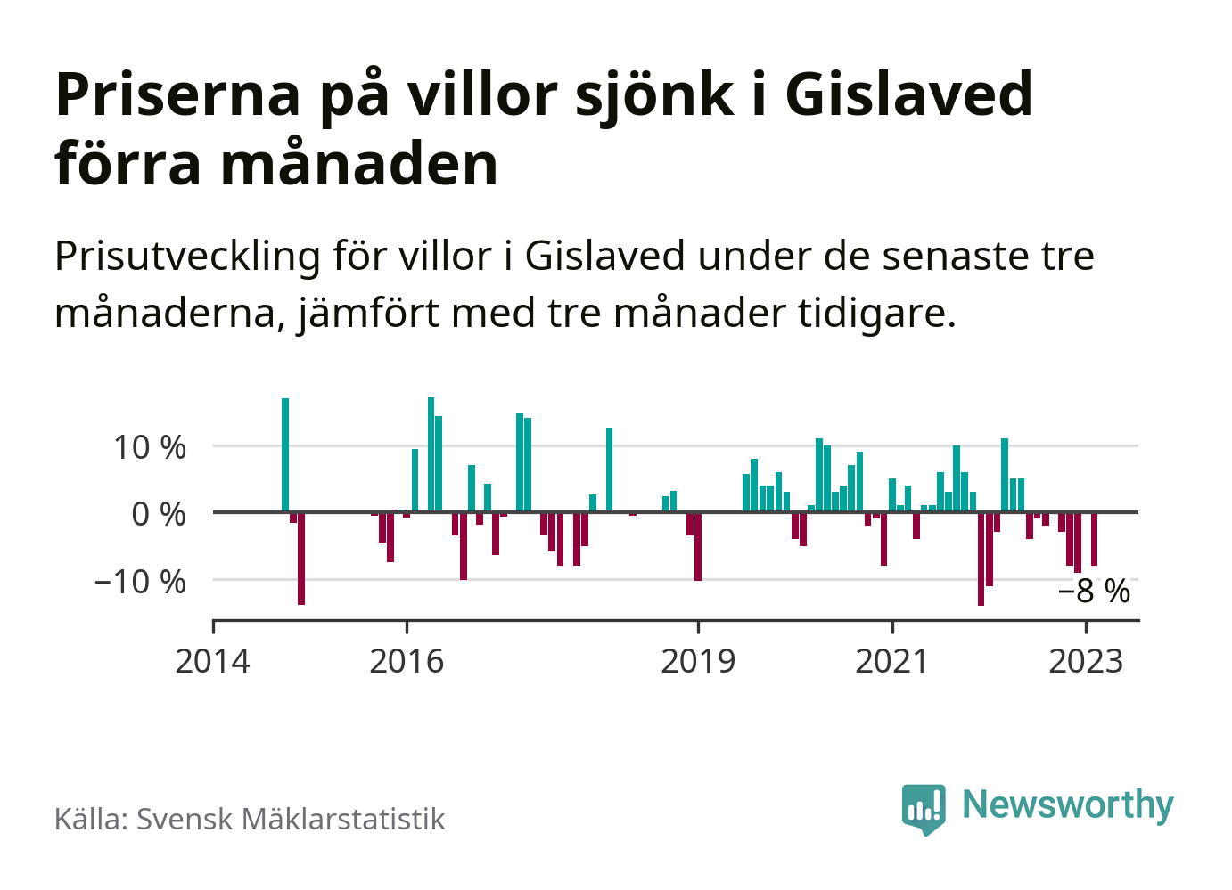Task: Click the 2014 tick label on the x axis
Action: (212, 662)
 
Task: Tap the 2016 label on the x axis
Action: (407, 662)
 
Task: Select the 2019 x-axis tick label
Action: (698, 662)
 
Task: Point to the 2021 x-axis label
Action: (891, 662)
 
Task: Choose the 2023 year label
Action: (1086, 662)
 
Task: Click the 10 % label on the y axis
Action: (150, 447)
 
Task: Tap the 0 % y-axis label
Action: (159, 514)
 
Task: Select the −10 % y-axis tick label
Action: (141, 582)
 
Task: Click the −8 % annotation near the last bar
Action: (1094, 591)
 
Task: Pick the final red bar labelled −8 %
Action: (1094, 539)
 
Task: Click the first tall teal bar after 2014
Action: (285, 454)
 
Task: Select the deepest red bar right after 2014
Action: (301, 559)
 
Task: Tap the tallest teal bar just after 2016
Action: (431, 454)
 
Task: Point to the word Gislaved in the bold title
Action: (908, 94)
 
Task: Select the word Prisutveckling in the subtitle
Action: (187, 257)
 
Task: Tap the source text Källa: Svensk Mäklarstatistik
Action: (250, 819)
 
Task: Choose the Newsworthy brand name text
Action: (1068, 805)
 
